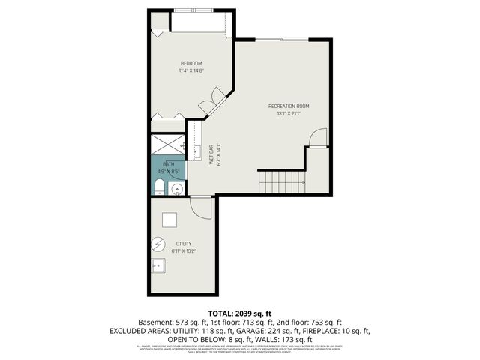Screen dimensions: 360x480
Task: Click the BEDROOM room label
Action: pos(191,62)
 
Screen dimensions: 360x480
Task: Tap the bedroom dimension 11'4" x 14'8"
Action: pos(191,70)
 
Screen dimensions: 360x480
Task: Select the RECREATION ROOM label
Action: pos(289,106)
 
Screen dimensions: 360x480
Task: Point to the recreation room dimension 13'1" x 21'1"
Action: pos(289,114)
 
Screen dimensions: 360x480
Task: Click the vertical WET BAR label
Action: pos(211,154)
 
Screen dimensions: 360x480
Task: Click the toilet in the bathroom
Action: pos(159,185)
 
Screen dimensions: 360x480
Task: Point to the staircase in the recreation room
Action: pos(281,181)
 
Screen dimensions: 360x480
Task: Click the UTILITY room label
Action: pos(184,244)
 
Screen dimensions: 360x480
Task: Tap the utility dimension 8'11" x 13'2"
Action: pos(184,252)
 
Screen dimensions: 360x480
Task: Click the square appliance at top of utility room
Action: pos(169,219)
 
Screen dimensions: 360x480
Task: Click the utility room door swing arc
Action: pos(201,207)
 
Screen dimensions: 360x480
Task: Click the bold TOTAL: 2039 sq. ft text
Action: pos(239,312)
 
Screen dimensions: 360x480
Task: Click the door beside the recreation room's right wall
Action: pos(318,138)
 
